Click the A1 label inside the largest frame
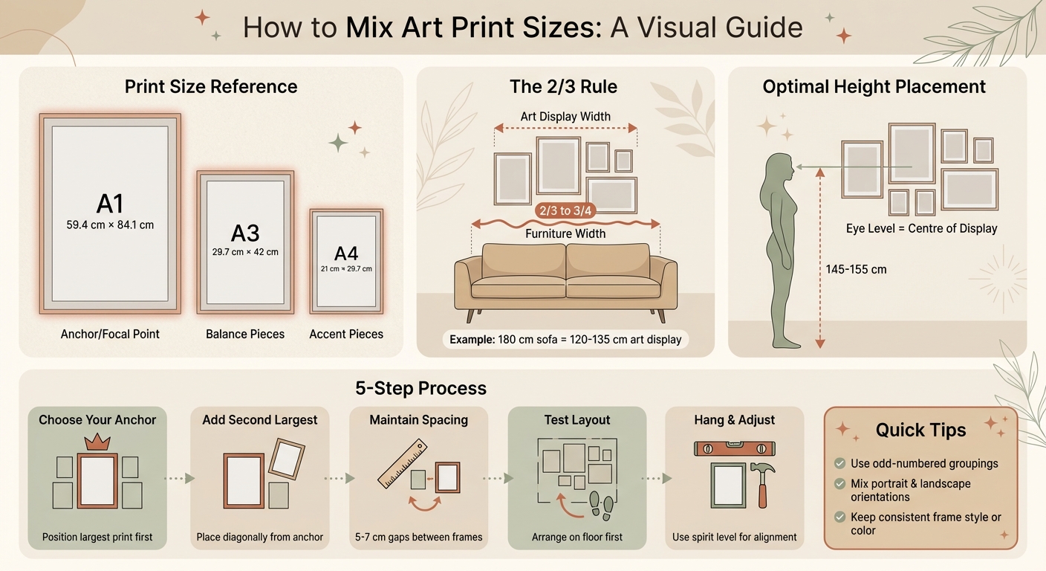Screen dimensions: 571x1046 point(109,203)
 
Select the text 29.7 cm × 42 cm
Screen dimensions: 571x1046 point(245,252)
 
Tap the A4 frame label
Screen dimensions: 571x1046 point(346,253)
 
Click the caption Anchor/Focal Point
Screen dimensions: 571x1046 point(110,334)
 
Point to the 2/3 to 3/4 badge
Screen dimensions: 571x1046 point(565,210)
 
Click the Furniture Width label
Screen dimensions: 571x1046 point(565,233)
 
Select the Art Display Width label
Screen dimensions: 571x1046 point(565,116)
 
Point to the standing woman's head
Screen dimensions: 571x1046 point(781,168)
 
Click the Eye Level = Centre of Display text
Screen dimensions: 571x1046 point(921,228)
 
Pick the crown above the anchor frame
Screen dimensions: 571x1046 point(97,443)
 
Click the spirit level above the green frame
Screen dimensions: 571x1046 point(734,448)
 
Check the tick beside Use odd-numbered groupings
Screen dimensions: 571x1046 point(839,463)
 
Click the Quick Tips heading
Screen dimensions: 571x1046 point(920,430)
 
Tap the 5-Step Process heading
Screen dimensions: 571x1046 point(420,388)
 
